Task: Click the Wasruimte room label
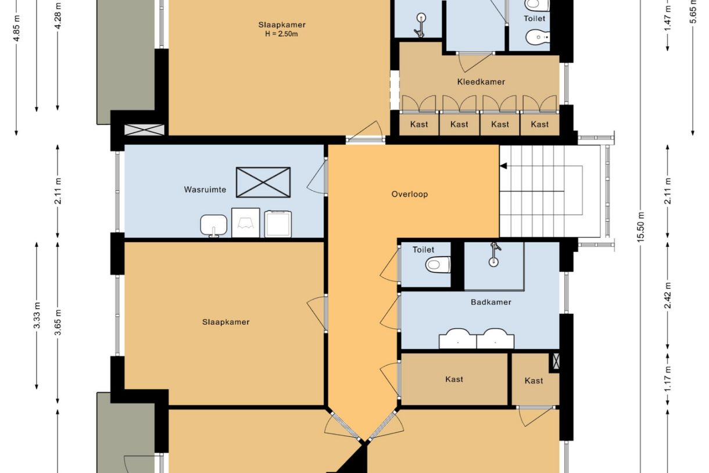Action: point(205,190)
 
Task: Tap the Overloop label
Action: point(410,194)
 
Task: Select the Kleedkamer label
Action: point(481,82)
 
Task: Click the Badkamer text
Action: point(491,302)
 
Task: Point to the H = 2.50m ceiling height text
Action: point(281,34)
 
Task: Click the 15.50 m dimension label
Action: point(640,227)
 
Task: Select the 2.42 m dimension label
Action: point(668,295)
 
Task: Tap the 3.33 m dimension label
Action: point(37,315)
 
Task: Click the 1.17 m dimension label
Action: point(668,379)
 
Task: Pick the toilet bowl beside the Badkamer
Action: point(438,264)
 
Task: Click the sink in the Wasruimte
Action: point(214,226)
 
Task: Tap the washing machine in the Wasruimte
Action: point(278,223)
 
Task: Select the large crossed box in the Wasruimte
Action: point(263,183)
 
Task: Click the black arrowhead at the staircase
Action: point(503,166)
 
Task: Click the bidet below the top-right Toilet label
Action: point(538,37)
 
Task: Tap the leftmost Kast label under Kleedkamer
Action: point(419,125)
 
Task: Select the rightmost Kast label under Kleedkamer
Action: point(540,125)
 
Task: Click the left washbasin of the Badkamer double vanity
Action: point(457,339)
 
